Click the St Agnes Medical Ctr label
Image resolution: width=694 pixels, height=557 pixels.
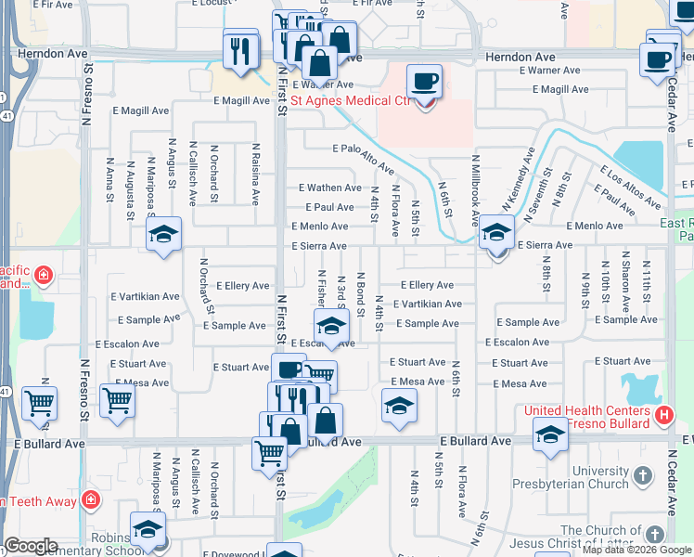pos(351,100)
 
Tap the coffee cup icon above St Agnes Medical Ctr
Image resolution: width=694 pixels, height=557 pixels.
pos(424,81)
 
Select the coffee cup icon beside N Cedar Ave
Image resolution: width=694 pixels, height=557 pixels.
pos(658,59)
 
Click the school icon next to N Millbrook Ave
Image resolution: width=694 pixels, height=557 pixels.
pos(496,232)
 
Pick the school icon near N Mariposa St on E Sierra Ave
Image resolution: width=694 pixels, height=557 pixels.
pos(163,234)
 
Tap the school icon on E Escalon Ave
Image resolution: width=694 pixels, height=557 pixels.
pos(331,326)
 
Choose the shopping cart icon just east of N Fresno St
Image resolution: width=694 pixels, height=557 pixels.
pos(117,400)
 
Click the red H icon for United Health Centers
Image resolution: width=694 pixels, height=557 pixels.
pos(663,414)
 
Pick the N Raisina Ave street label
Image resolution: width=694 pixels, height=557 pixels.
pos(255,173)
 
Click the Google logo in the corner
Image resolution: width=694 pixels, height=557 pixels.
pos(31,546)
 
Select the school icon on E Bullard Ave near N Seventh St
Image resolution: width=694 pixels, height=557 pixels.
pos(550,434)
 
